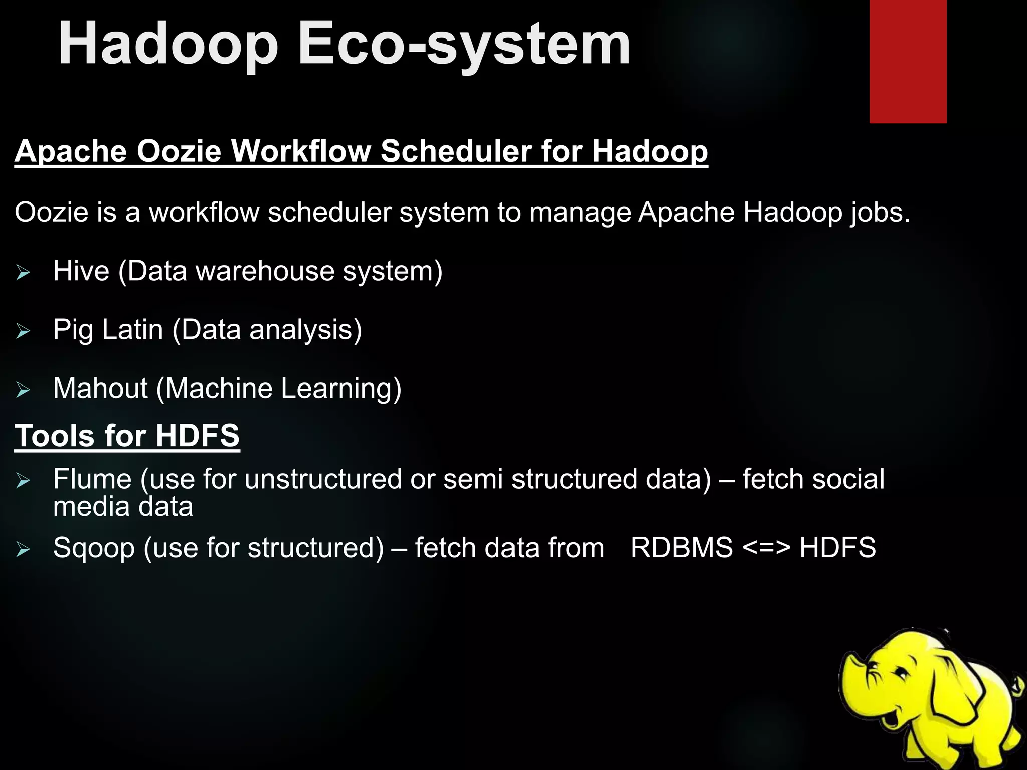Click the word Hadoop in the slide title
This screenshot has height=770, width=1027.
click(168, 45)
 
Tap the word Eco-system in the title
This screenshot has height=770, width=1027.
click(464, 45)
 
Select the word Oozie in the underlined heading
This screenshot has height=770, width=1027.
click(179, 151)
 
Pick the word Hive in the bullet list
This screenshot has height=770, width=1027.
click(81, 271)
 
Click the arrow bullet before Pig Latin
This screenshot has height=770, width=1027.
click(23, 331)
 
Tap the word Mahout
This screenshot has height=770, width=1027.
click(100, 389)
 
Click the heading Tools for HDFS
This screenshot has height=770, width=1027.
click(127, 435)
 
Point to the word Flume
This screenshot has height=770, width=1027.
click(92, 479)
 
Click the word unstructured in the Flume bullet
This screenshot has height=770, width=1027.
click(323, 479)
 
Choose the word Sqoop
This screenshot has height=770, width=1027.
click(94, 548)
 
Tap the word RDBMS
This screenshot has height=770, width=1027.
click(681, 548)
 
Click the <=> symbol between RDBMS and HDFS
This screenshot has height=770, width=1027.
click(766, 548)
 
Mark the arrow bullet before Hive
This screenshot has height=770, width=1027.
click(23, 273)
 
